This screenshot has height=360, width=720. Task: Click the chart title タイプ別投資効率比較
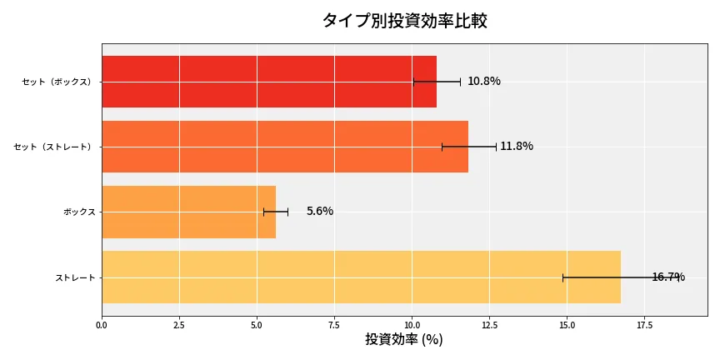pos(404,21)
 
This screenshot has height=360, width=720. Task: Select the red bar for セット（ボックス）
pos(268,82)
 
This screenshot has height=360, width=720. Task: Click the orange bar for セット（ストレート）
pos(284,147)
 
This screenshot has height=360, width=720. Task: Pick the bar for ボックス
pos(188,212)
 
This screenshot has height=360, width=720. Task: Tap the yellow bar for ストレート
pos(361,277)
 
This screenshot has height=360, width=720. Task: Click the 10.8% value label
pos(483,82)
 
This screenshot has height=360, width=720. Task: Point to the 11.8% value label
pos(516,147)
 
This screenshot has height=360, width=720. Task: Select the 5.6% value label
pos(319,212)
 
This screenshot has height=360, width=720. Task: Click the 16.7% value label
pos(667,277)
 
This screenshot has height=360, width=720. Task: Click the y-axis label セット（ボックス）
pos(57,82)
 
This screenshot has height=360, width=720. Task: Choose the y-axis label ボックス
pos(79,212)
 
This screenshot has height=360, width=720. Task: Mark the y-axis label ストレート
pos(75,277)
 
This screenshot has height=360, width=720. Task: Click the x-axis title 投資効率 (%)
pos(404,340)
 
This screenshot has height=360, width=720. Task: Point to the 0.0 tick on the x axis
pos(102,324)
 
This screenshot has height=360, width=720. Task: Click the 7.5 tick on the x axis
pos(334,324)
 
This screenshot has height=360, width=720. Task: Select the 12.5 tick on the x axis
pos(489,324)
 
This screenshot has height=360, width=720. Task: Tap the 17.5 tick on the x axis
pos(644,324)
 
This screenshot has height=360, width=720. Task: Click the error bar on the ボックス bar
pos(276,212)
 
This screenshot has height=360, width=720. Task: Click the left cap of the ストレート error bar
pos(562,277)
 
